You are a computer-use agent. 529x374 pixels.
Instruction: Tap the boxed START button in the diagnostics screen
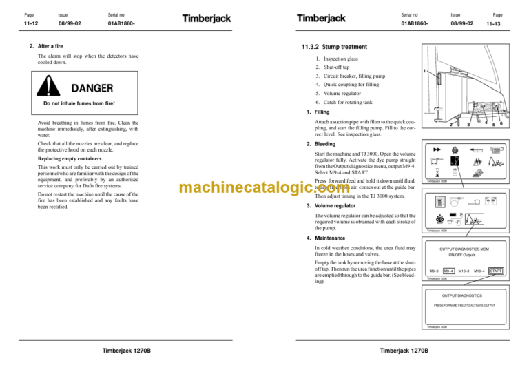495,271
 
